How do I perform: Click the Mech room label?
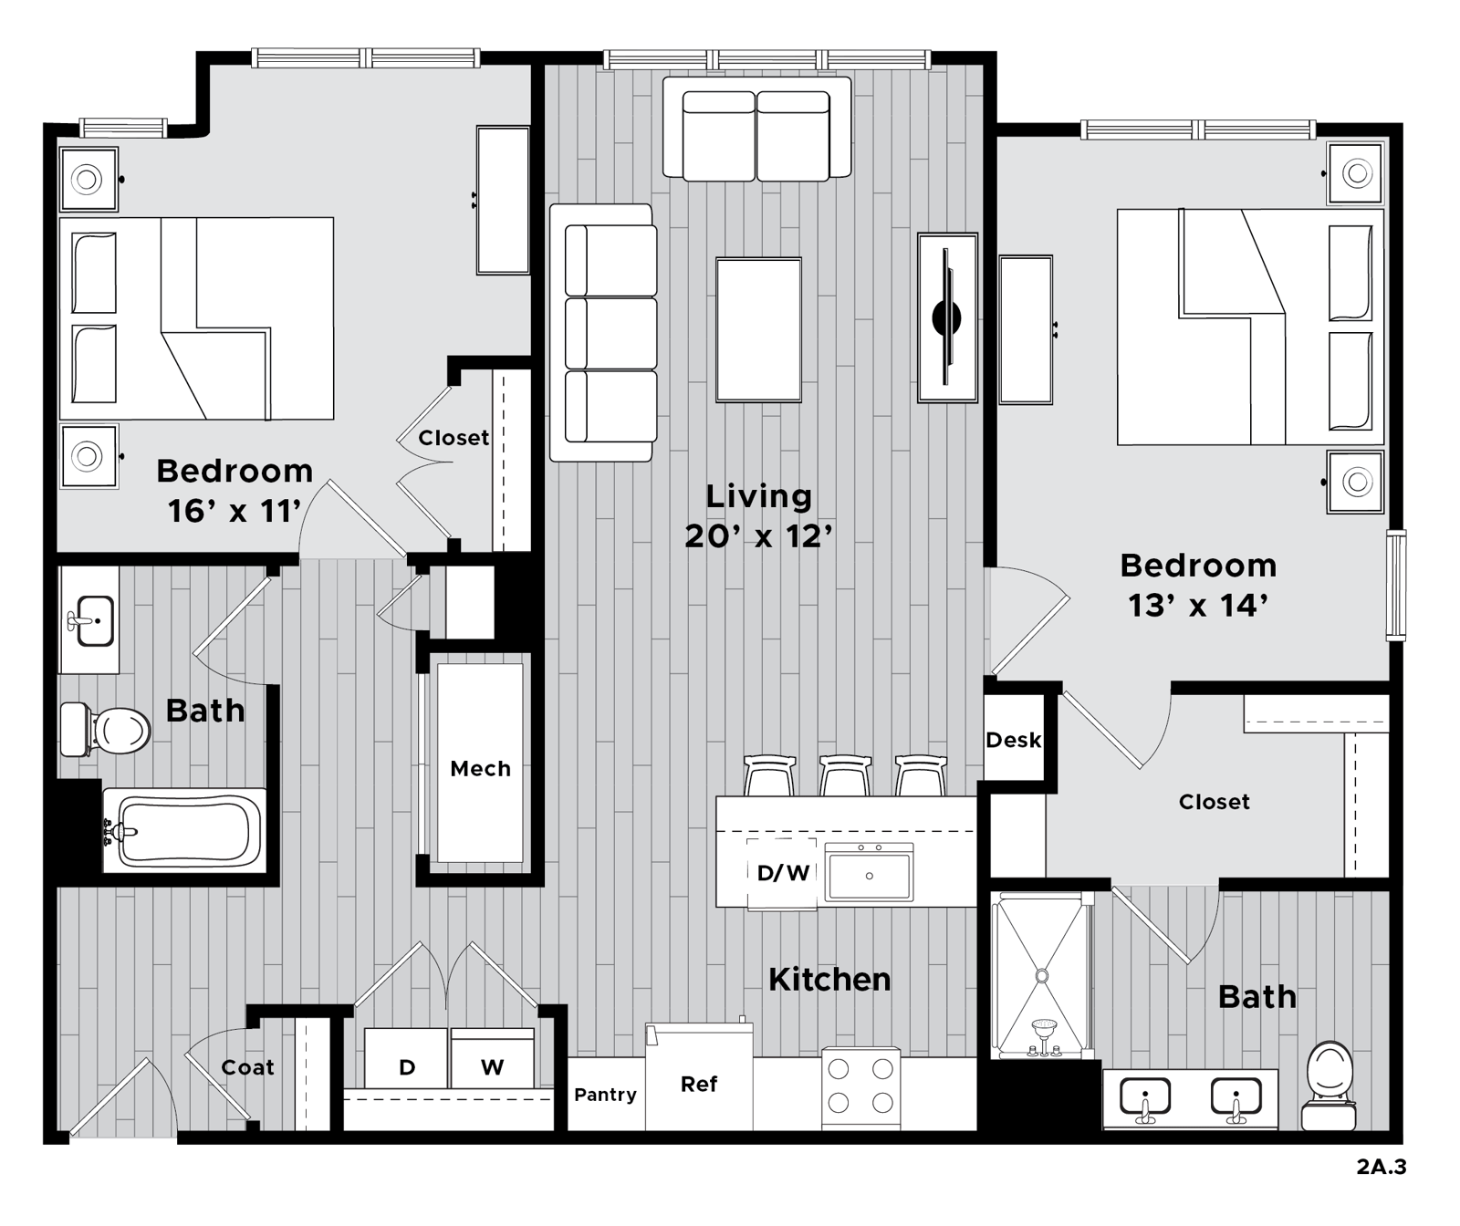[x=480, y=769]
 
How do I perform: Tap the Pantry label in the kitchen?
[x=605, y=1095]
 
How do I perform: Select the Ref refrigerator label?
[x=699, y=1084]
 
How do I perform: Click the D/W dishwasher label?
[x=783, y=873]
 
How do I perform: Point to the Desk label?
[x=1013, y=740]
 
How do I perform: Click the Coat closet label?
[x=247, y=1067]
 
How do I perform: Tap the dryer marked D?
[x=406, y=1058]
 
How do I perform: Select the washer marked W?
[x=492, y=1058]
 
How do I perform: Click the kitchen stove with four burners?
[x=860, y=1088]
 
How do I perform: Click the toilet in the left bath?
[x=105, y=730]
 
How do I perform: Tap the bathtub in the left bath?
[x=185, y=830]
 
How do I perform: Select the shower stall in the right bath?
[x=1041, y=975]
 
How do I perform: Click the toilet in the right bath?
[x=1330, y=1086]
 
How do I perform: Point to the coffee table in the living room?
[x=758, y=329]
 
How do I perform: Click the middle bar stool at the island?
[x=845, y=775]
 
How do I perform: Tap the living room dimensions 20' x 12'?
[x=759, y=536]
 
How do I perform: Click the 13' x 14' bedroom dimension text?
[x=1198, y=605]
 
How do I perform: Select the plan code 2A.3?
[x=1381, y=1167]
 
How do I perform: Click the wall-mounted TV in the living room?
[x=947, y=317]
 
